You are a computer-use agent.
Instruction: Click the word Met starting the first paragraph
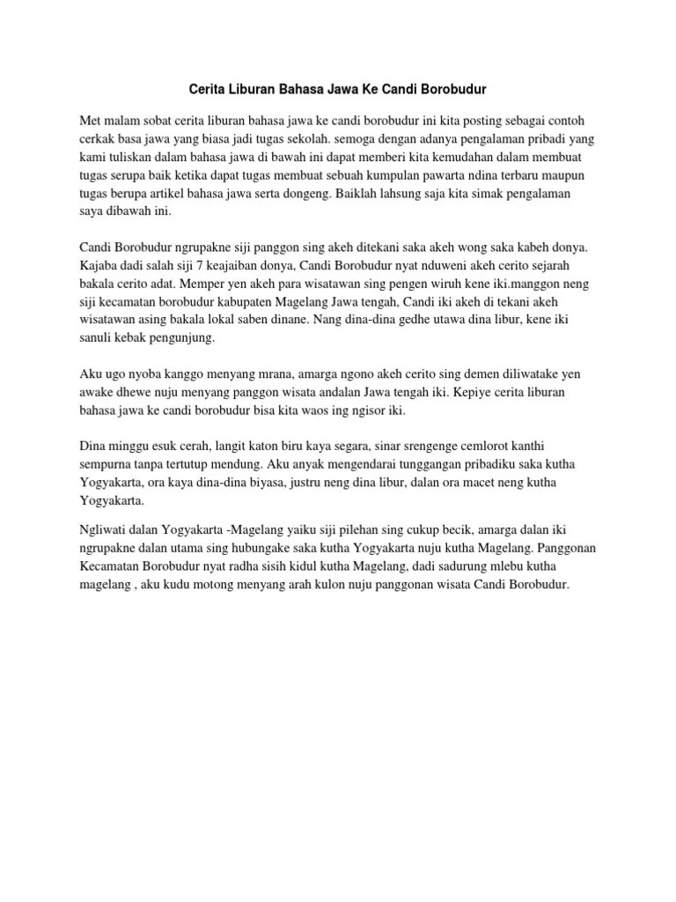click(90, 120)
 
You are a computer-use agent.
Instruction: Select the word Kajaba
click(98, 267)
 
